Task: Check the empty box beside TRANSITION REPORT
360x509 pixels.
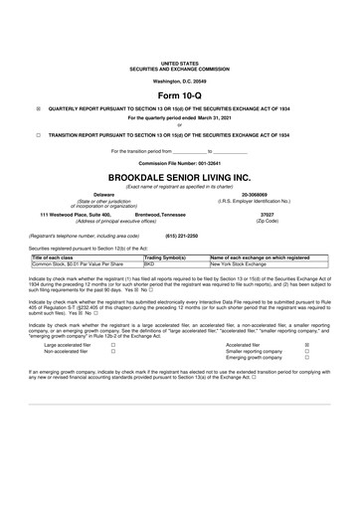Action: pyautogui.click(x=38, y=132)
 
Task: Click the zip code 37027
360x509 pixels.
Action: pyautogui.click(x=267, y=214)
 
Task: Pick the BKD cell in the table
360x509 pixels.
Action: pyautogui.click(x=150, y=264)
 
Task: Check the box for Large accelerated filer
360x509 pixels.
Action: pyautogui.click(x=113, y=345)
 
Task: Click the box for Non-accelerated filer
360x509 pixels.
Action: pyautogui.click(x=113, y=352)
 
